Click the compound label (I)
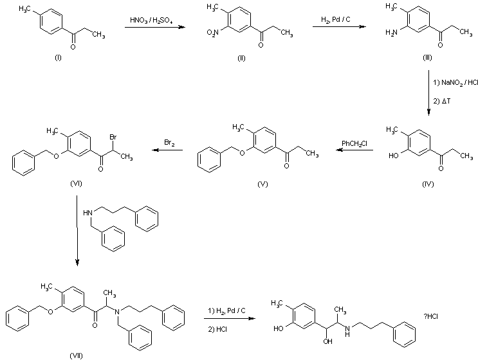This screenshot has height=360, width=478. [x=58, y=59]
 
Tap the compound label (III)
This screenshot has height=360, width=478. [x=427, y=59]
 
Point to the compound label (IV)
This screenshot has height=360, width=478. [x=427, y=184]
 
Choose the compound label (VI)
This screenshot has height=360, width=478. [x=75, y=184]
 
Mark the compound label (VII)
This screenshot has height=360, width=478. [x=75, y=354]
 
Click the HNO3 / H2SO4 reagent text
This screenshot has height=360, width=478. [x=150, y=21]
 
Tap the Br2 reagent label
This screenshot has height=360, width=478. [x=167, y=144]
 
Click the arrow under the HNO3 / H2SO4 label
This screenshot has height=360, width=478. [x=151, y=27]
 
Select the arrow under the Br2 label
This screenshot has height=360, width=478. [x=167, y=151]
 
